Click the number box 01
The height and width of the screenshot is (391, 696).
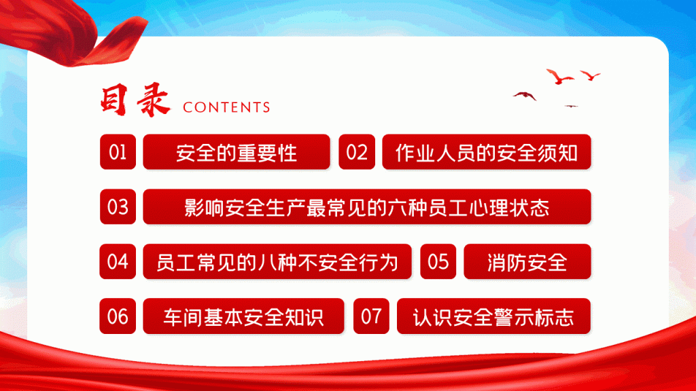pyautogui.click(x=118, y=152)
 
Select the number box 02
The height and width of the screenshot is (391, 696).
pyautogui.click(x=357, y=152)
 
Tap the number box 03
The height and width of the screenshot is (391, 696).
pyautogui.click(x=118, y=206)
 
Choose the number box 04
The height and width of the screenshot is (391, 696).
pyautogui.click(x=118, y=261)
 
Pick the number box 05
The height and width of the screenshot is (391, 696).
pyautogui.click(x=438, y=261)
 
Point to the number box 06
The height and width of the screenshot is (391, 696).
pyautogui.click(x=118, y=316)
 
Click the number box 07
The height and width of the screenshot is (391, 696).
pyautogui.click(x=371, y=316)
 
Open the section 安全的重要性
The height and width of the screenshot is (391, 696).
pyautogui.click(x=237, y=152)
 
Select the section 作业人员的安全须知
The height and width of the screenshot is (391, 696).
pyautogui.click(x=487, y=152)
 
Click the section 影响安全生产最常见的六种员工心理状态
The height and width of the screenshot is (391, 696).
pyautogui.click(x=367, y=206)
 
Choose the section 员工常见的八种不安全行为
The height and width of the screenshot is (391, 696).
pyautogui.click(x=277, y=261)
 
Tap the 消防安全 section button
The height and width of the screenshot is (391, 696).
pyautogui.click(x=527, y=261)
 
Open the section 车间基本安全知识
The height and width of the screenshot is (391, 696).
pyautogui.click(x=244, y=316)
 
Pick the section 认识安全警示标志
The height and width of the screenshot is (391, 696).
pyautogui.click(x=493, y=316)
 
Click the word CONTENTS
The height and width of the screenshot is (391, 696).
pyautogui.click(x=226, y=107)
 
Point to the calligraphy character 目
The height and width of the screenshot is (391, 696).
pyautogui.click(x=114, y=100)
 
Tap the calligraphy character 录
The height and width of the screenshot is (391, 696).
pyautogui.click(x=153, y=100)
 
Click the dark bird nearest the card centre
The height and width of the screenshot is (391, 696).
pyautogui.click(x=525, y=95)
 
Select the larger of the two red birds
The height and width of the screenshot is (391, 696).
pyautogui.click(x=559, y=77)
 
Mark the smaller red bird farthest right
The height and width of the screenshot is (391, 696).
pyautogui.click(x=591, y=75)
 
